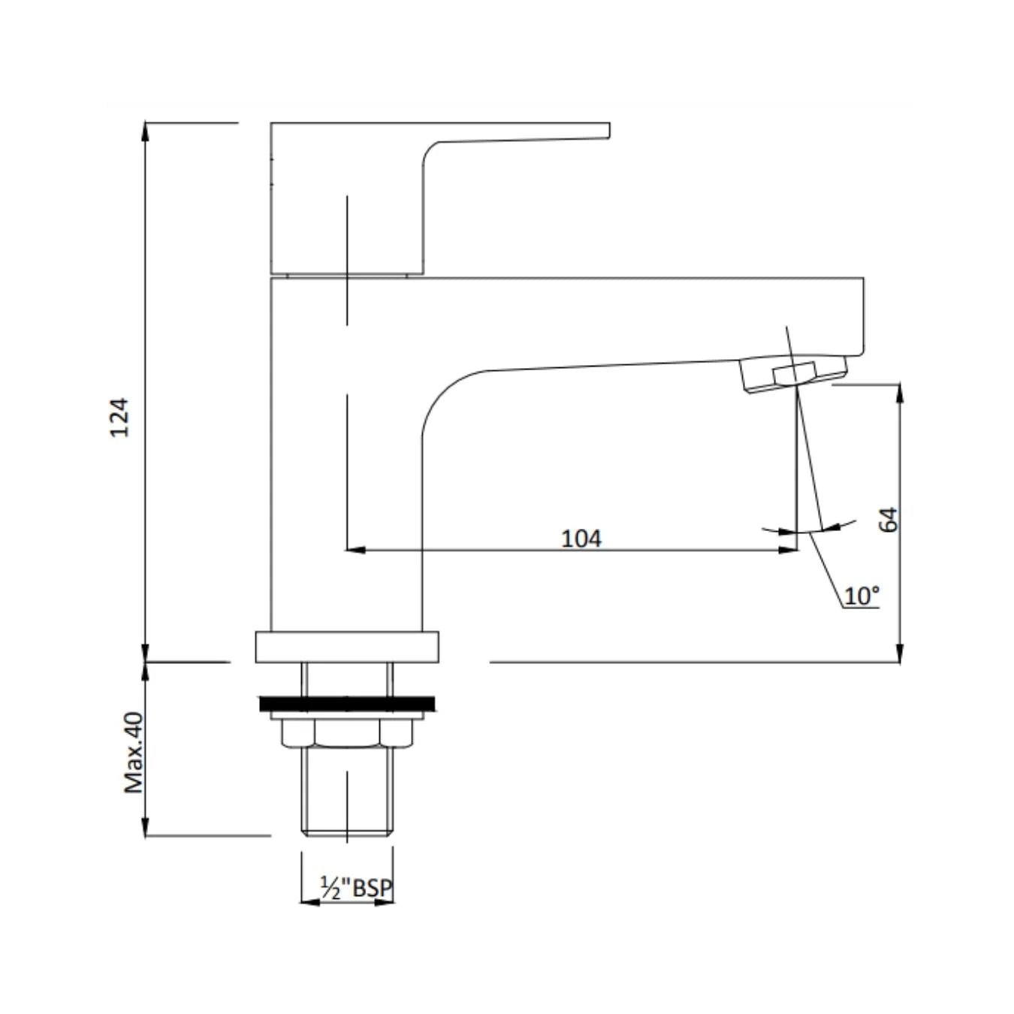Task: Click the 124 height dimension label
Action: [x=119, y=418]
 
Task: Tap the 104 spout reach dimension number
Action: [x=581, y=539]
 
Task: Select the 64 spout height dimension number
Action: [x=889, y=520]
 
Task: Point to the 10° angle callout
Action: [x=862, y=596]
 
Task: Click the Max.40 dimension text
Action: [x=133, y=753]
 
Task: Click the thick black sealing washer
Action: [x=347, y=704]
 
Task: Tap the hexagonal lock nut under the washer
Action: [x=347, y=732]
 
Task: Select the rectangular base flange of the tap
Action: [x=347, y=646]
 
